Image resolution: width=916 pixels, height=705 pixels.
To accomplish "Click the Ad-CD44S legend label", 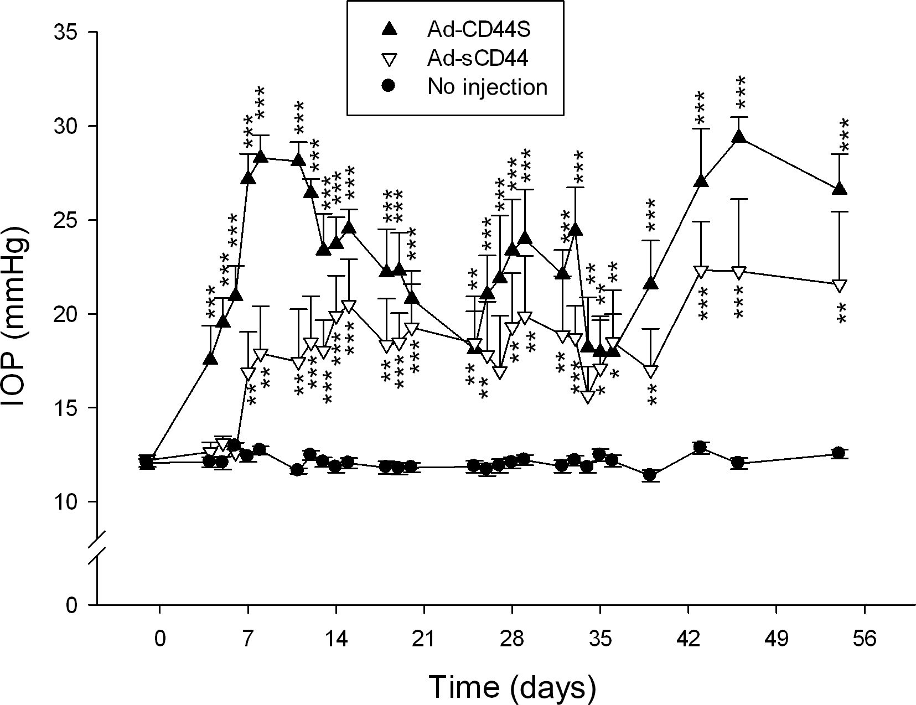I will (x=479, y=30).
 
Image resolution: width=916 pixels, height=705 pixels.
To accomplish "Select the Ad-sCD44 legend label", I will (x=478, y=59).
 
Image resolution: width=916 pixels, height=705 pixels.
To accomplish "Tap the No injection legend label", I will (x=488, y=87).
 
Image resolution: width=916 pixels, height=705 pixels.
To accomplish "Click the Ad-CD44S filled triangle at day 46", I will (x=738, y=137).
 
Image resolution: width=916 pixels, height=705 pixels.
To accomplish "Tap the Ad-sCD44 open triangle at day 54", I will (x=840, y=286).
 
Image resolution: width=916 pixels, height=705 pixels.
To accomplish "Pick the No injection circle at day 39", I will (x=650, y=475).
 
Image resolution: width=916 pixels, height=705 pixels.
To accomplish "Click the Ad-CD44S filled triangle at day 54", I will (x=840, y=188).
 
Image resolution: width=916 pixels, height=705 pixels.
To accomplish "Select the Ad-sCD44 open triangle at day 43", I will (x=701, y=272).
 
